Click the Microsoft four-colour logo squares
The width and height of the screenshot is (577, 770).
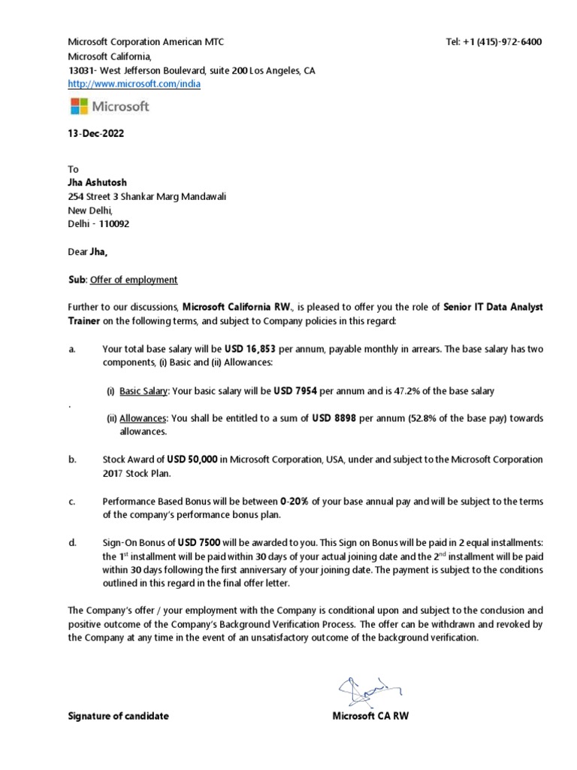coord(79,106)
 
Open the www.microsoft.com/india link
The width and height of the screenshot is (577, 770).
coord(134,84)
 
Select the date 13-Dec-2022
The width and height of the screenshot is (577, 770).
coord(96,134)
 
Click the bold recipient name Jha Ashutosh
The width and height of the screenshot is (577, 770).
coord(98,183)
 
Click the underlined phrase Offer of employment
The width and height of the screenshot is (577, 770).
coord(134,280)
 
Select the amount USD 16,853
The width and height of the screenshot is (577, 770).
coord(250,349)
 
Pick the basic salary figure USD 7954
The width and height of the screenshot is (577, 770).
coord(295,391)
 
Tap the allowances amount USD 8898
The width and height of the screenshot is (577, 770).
coord(334,418)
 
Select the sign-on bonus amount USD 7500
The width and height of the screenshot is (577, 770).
coord(199,543)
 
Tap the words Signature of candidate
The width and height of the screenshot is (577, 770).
coord(118,716)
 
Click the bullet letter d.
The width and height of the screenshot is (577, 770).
coord(72,543)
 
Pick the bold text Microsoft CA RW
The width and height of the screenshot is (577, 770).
coord(370,716)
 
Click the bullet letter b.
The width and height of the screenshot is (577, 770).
coord(72,459)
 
